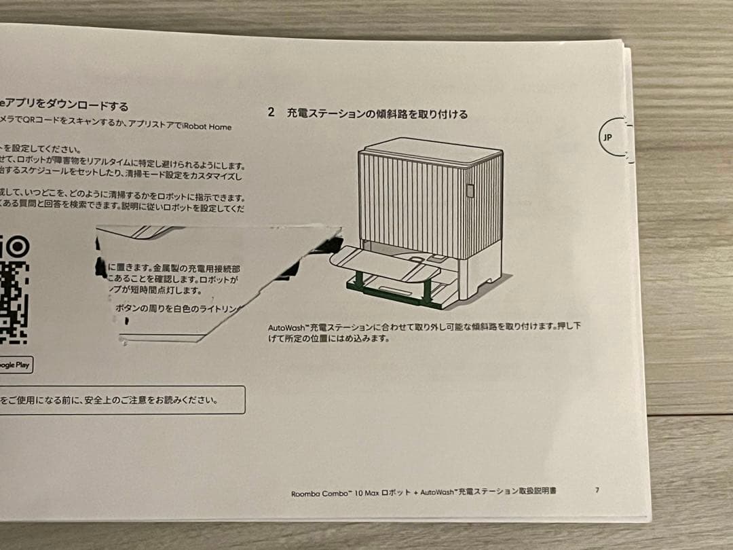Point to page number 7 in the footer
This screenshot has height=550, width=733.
point(597,490)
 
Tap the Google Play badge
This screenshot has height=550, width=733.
point(15,365)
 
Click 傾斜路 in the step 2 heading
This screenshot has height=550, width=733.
point(393,114)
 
